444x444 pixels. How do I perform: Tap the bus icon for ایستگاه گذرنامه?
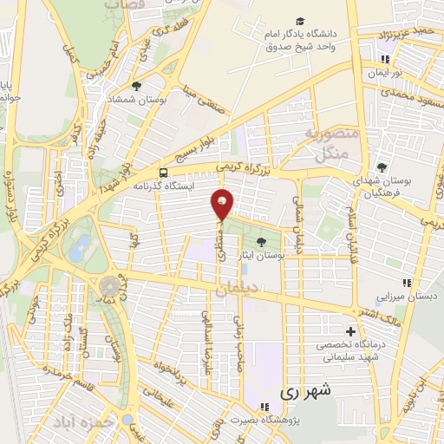coord(165,172)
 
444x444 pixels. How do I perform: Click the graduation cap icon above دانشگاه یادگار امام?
coord(300,21)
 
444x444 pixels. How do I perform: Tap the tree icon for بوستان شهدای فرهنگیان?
coord(382,166)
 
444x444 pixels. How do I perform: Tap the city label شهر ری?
coord(304,392)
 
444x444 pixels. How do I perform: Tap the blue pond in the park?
coord(81,251)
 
